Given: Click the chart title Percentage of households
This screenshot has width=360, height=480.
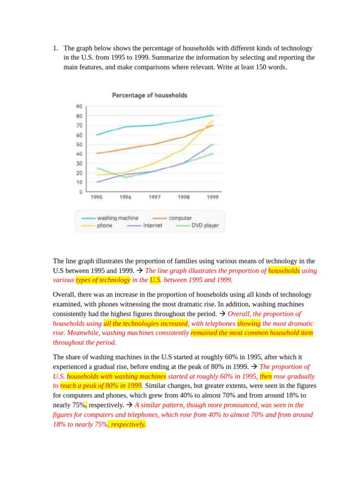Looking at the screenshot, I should pos(150,95).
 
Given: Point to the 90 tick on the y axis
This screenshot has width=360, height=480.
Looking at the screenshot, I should pos(79,106).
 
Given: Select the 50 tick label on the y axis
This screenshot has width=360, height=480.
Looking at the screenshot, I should pos(79,144).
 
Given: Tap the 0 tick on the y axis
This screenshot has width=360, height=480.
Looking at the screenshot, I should pos(81,192).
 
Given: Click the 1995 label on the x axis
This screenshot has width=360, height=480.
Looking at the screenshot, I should pos(96,197).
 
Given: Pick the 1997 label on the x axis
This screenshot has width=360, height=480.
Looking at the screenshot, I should pos(154,197).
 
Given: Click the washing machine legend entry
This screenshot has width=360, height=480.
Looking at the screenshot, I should pos(117,218).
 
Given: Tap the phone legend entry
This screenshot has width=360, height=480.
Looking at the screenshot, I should pos(105,225).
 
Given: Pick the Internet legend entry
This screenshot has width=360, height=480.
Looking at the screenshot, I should pos(152,225).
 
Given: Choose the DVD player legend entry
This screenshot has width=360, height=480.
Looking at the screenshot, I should pos(205,225).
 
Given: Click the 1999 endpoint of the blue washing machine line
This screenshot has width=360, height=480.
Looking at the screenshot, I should pos(213,115).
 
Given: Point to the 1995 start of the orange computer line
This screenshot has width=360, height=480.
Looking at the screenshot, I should pos(97,153).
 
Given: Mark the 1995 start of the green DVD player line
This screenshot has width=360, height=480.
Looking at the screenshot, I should pos(97,168).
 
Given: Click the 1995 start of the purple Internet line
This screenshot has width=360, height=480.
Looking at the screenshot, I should pos(97,182).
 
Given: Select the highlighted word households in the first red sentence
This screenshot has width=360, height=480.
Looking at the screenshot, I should pos(284,270).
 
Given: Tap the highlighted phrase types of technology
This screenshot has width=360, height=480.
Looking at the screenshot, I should pos(103,280).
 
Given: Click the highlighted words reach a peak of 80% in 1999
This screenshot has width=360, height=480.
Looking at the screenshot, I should pos(101,386).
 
